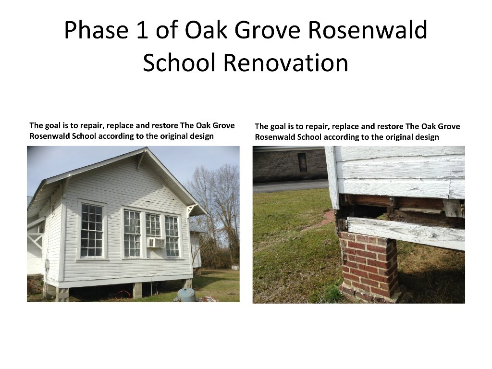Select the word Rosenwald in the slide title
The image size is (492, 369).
(x=367, y=31)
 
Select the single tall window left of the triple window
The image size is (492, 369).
(x=92, y=231)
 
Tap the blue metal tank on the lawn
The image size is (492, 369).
(x=186, y=295)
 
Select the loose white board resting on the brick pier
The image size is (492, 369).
(x=406, y=232)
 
